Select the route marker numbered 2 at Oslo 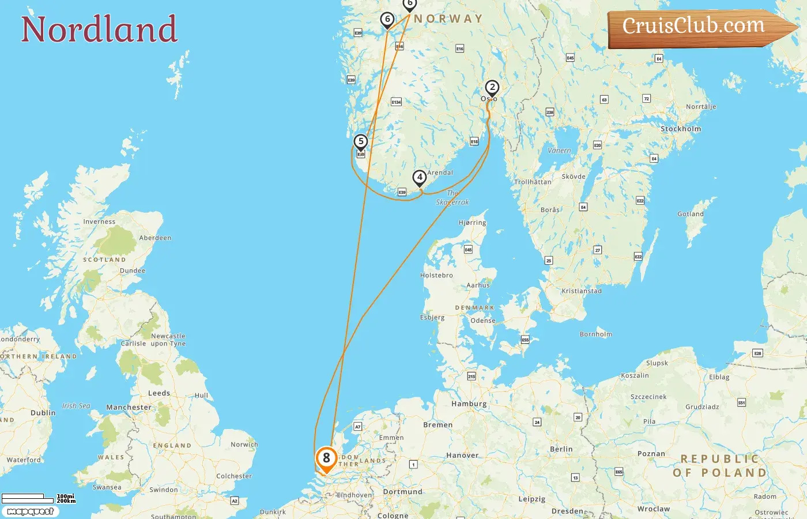[x=492, y=88]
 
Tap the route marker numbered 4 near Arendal [x=420, y=178]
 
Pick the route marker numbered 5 [x=361, y=142]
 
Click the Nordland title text [x=99, y=29]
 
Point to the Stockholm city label [x=681, y=129]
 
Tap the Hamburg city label [x=469, y=404]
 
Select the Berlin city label [x=561, y=449]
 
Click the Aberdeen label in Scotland [x=155, y=238]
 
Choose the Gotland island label [x=691, y=214]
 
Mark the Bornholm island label [x=596, y=334]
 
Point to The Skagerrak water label [x=452, y=198]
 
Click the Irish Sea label [x=76, y=406]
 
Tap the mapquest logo [x=30, y=512]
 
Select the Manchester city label [x=129, y=407]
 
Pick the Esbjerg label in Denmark [x=432, y=317]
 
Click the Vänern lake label [x=559, y=151]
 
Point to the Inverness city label [x=99, y=221]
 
